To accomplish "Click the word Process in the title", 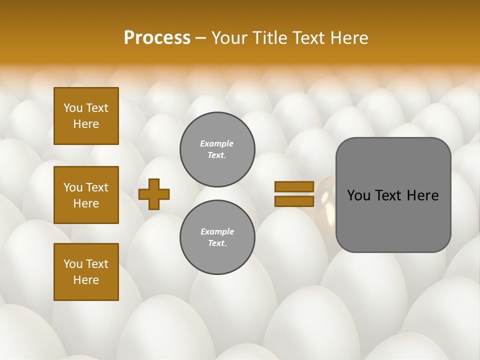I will [157, 38].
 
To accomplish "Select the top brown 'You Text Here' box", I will [86, 116].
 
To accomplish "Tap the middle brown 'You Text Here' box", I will [86, 195].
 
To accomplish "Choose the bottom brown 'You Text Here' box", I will [86, 271].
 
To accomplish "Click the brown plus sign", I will [154, 194].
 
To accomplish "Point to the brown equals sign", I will [294, 194].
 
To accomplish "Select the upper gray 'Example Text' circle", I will [217, 149].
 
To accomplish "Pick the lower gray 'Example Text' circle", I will [217, 237].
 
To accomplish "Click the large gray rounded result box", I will [393, 195].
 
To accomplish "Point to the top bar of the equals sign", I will [294, 187].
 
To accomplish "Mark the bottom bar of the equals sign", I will [294, 201].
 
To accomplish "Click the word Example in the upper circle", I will [217, 143].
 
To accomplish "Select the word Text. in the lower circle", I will [217, 243].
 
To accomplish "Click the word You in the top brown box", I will [73, 108].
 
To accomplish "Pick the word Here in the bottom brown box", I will [86, 280].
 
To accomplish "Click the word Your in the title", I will [228, 38].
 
